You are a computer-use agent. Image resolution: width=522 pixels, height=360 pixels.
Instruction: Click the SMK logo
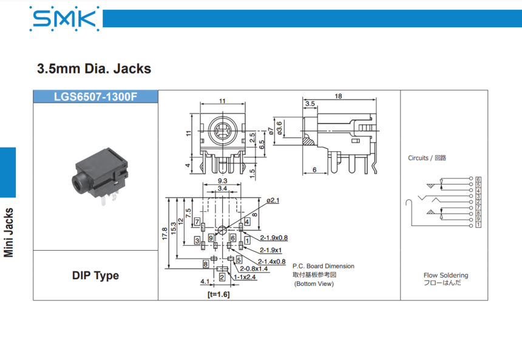64,18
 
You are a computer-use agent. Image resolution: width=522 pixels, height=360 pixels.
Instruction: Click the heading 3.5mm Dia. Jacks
94,69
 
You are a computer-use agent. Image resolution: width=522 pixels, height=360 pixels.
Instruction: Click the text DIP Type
95,276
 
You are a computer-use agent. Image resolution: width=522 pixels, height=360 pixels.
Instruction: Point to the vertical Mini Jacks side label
9,233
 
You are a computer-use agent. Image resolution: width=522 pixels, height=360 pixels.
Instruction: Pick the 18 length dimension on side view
338,96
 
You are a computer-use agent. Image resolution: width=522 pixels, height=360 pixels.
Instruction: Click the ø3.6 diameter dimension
279,127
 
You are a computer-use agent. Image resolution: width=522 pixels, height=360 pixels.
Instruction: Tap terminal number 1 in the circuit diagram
479,225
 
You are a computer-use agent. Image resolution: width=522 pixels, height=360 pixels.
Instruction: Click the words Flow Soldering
446,275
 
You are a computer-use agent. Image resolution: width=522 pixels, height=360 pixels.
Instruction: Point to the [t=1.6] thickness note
219,294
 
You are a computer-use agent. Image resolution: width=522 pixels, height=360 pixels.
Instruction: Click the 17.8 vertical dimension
165,234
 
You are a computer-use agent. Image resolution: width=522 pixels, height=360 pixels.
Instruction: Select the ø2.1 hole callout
273,200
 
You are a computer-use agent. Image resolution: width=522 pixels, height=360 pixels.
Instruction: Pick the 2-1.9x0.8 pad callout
274,237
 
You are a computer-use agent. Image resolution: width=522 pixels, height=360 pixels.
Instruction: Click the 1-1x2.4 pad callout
245,277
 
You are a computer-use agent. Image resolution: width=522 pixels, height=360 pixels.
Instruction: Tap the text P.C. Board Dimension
323,266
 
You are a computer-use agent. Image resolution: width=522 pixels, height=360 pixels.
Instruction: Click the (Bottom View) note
313,284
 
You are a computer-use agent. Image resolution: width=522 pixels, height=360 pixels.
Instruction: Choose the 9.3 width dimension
222,181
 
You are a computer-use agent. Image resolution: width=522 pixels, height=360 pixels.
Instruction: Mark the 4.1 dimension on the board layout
205,281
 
